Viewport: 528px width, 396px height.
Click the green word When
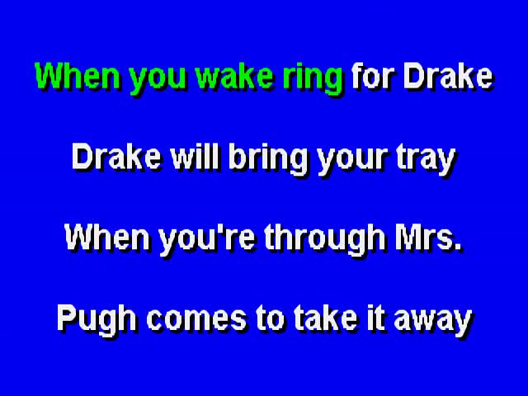tap(78, 76)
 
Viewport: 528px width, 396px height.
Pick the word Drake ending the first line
tap(449, 76)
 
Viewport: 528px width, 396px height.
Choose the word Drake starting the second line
tap(117, 158)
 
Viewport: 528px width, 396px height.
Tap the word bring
tap(268, 161)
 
